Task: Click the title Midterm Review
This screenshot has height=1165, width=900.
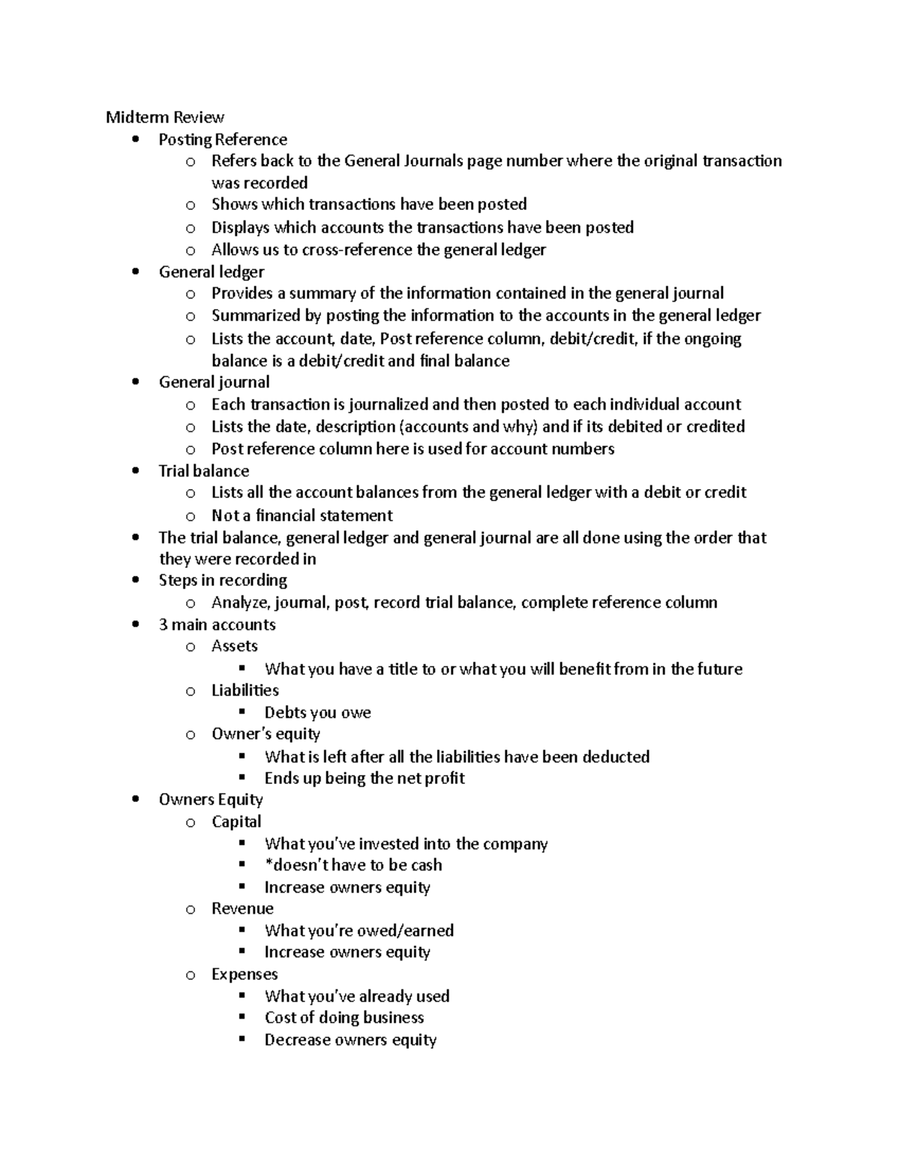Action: (x=165, y=117)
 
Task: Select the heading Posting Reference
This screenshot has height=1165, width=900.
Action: (x=223, y=140)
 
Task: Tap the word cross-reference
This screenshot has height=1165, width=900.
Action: (x=358, y=250)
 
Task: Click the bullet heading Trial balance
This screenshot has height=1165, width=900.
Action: (x=203, y=471)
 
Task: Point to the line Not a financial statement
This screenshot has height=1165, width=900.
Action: (x=301, y=515)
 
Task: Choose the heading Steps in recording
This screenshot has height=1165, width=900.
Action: (x=223, y=581)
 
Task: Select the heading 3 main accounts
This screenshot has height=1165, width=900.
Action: (x=217, y=625)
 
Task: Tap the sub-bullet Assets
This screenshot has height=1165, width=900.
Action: (x=234, y=646)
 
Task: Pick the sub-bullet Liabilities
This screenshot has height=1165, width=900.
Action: (x=244, y=690)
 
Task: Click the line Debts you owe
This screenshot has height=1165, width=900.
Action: (x=317, y=713)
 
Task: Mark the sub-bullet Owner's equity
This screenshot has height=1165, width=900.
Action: (x=265, y=734)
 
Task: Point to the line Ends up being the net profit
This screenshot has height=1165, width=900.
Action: (x=364, y=778)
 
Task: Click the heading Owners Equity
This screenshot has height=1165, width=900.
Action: (x=211, y=800)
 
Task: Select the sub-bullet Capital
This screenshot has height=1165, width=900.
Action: (x=236, y=821)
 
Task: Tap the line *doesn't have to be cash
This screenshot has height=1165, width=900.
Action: (x=353, y=865)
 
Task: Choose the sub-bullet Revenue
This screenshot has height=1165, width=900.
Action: (x=242, y=908)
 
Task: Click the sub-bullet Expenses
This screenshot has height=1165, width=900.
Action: (x=244, y=974)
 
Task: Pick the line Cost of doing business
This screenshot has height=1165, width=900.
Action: (x=344, y=1018)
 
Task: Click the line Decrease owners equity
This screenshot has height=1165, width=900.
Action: (x=350, y=1040)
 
